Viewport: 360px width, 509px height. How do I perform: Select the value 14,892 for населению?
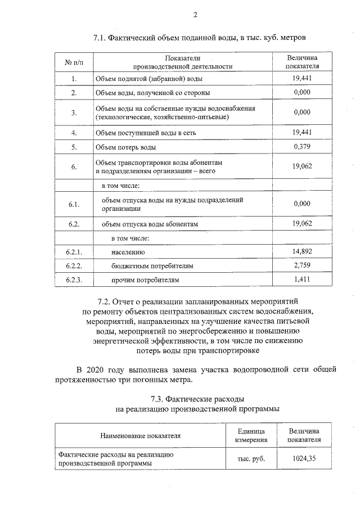click(302, 251)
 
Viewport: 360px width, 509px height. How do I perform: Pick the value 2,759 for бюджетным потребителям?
click(302, 265)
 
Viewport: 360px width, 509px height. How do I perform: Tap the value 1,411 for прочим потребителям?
click(302, 278)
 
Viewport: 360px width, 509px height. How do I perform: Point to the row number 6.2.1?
click(74, 251)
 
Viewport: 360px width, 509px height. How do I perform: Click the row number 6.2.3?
click(74, 279)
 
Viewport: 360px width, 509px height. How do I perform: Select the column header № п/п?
click(74, 62)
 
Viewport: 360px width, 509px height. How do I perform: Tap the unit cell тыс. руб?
click(251, 458)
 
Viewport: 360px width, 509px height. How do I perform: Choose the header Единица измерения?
click(251, 435)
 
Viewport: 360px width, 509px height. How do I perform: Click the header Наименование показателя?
click(140, 435)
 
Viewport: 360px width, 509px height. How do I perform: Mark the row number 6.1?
click(74, 204)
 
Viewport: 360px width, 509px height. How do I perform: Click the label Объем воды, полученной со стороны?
click(152, 92)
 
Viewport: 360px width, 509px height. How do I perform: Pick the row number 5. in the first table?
click(74, 147)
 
